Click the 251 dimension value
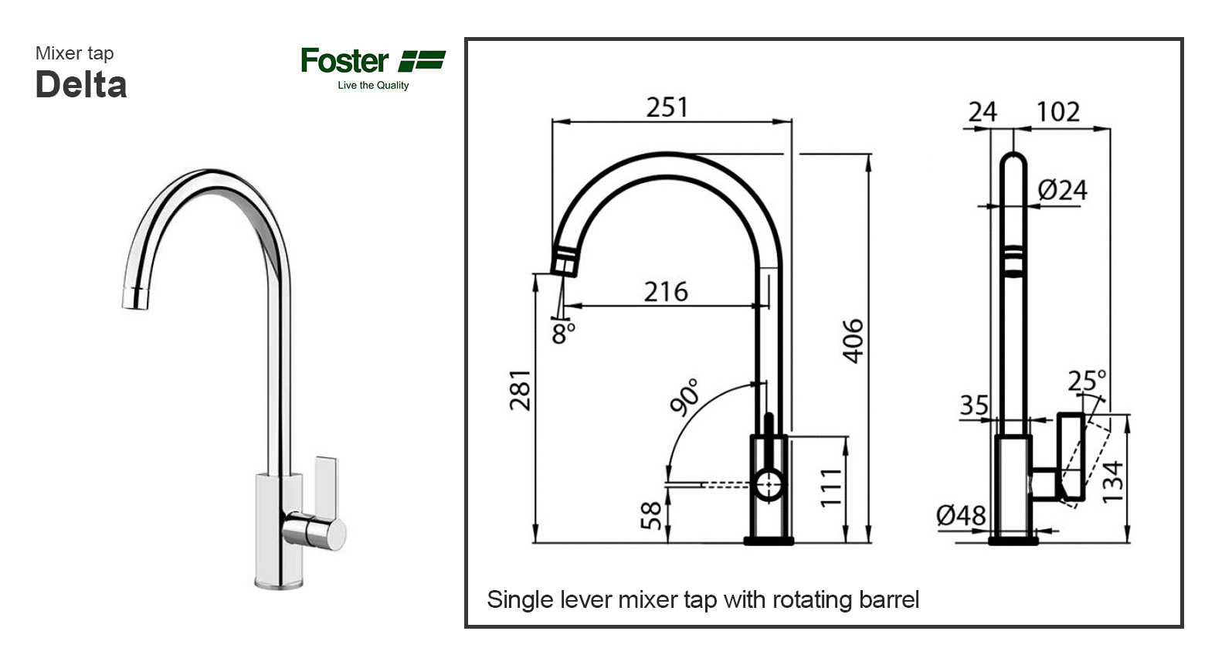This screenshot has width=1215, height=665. (667, 107)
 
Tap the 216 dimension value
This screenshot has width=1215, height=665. (666, 292)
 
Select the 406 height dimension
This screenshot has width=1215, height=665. (853, 341)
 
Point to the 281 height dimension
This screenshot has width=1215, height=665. (521, 390)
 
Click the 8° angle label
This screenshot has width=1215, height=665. (564, 334)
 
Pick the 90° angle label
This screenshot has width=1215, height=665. (684, 398)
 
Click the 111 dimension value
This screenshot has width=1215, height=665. (830, 487)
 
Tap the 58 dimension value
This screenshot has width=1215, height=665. (652, 515)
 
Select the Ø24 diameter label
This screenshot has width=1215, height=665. (1062, 190)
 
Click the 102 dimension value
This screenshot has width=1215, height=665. (1057, 113)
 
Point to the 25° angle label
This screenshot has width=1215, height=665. (1088, 380)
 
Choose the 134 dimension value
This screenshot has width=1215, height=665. (1113, 482)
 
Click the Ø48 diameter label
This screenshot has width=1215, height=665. (961, 515)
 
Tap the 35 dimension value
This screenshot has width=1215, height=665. (974, 405)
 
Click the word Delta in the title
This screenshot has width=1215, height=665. (81, 85)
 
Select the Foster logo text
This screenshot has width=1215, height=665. (344, 61)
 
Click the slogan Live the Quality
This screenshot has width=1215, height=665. (373, 86)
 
